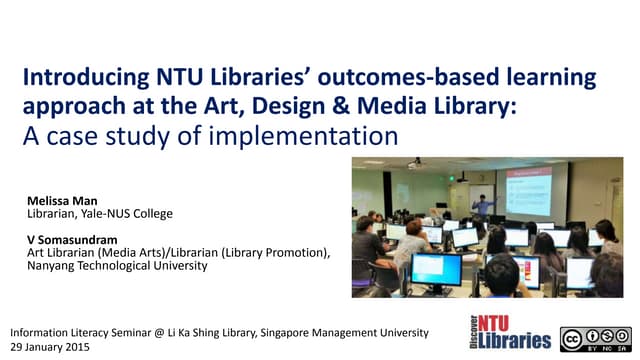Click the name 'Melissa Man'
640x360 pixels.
[x=61, y=201]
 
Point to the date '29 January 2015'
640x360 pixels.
[x=50, y=346]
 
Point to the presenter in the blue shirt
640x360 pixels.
[x=484, y=206]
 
